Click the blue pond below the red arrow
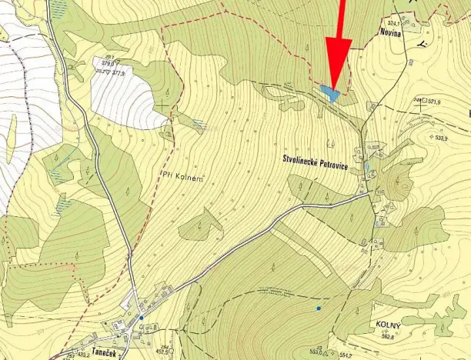[331, 94]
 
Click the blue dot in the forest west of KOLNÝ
[318, 308]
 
